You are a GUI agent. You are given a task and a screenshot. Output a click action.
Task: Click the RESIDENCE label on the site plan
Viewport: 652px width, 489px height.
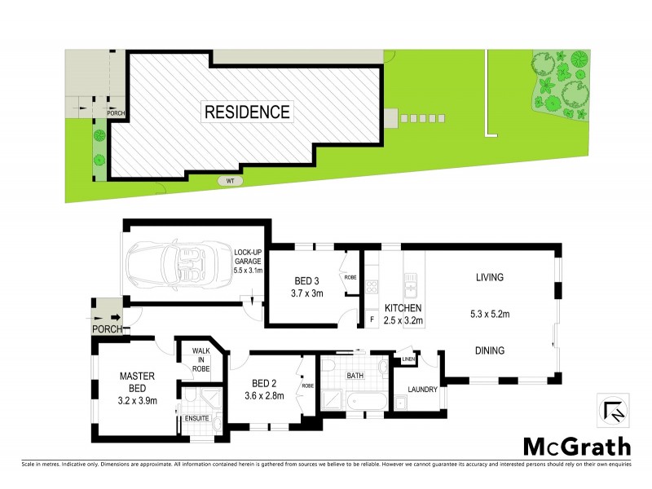click(x=246, y=112)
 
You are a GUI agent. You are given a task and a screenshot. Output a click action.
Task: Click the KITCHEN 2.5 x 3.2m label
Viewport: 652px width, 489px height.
click(x=403, y=315)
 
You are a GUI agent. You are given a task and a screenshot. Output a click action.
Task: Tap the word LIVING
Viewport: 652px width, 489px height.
click(x=491, y=277)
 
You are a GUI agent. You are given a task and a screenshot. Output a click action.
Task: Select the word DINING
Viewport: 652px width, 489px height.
click(x=491, y=350)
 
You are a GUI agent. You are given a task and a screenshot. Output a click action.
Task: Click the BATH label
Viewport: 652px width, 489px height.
click(x=354, y=377)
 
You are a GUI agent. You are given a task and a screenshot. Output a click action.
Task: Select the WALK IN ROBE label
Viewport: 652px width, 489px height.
click(x=200, y=360)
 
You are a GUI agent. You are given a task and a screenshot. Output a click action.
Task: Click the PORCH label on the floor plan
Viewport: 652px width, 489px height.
click(x=108, y=330)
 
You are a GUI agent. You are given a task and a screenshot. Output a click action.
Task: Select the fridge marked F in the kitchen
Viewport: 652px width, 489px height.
click(x=372, y=319)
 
